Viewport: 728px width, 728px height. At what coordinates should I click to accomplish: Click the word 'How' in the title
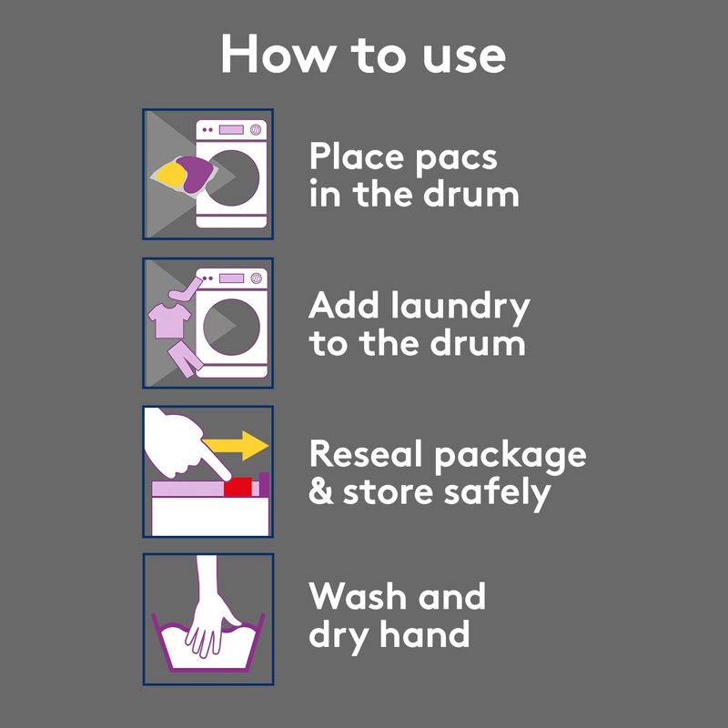278,54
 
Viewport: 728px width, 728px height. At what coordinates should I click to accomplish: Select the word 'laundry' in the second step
460,308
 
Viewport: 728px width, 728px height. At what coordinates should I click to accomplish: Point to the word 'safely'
497,493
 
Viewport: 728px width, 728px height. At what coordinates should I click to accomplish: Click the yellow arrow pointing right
236,446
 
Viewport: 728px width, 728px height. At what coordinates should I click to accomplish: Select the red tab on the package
238,487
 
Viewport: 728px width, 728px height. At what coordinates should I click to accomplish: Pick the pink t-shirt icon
169,320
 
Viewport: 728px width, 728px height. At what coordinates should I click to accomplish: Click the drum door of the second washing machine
231,327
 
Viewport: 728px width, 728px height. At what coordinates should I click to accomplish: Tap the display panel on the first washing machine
231,129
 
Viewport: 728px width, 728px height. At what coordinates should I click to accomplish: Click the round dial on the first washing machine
256,129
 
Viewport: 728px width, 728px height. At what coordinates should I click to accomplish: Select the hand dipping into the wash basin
210,607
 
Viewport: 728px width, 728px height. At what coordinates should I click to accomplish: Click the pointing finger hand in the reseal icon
184,445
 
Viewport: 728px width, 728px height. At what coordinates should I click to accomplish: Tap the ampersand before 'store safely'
321,492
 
